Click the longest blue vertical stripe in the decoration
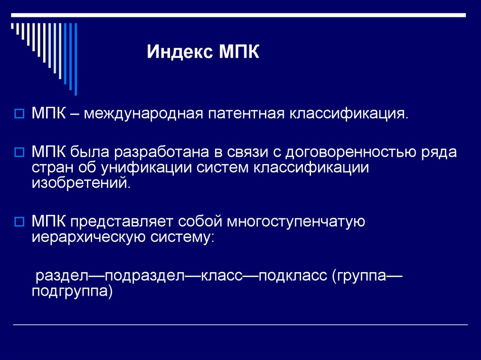click(x=76, y=59)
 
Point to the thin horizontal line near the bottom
click(x=240, y=325)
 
